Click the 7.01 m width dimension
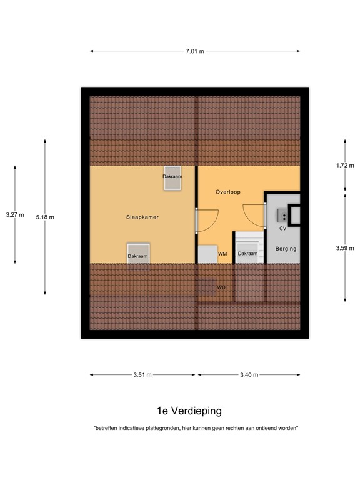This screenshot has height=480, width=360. [x=195, y=51]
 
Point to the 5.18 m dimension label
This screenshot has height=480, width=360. [x=45, y=217]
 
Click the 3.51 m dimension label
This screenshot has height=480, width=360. [x=142, y=375]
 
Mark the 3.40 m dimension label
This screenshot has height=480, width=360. [x=250, y=375]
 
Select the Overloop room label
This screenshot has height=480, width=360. [x=228, y=192]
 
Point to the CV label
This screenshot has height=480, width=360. [x=282, y=229]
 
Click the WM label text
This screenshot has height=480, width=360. [x=222, y=254]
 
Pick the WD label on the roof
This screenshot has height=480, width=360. [x=221, y=287]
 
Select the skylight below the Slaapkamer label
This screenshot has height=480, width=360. [x=138, y=253]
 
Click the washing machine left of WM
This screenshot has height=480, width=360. [x=206, y=254]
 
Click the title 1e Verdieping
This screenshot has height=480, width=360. [x=189, y=411]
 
